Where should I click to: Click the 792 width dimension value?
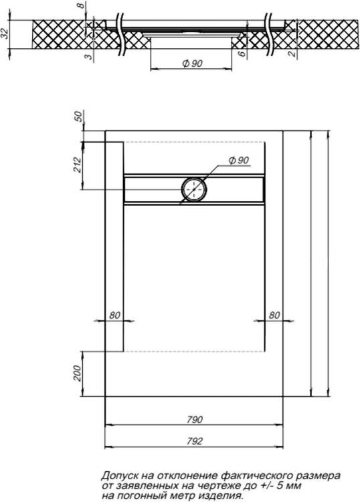tap(195, 441)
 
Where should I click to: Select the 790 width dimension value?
tap(195, 419)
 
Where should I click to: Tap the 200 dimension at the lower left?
tap(78, 373)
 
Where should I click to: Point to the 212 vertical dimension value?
tap(78, 165)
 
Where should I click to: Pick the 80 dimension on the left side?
tap(114, 315)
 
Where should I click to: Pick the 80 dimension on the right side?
tap(274, 315)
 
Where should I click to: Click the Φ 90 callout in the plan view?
tap(239, 160)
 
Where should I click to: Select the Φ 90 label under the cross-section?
tap(193, 64)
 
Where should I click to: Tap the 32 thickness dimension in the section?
tap(5, 33)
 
